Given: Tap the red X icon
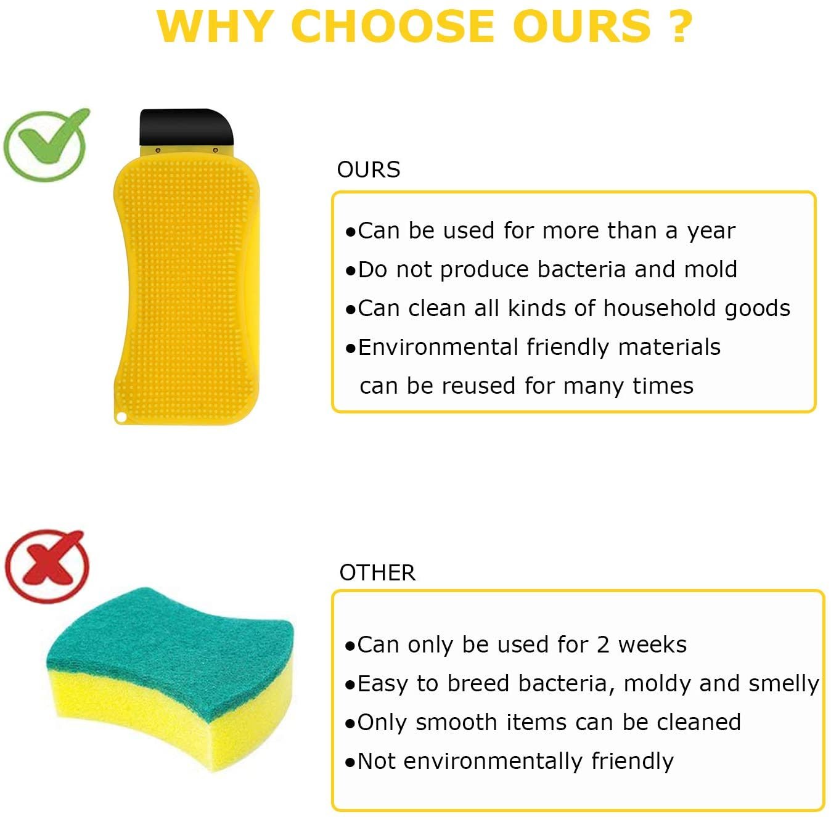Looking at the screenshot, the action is [x=46, y=566].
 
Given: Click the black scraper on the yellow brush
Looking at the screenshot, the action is [x=186, y=127].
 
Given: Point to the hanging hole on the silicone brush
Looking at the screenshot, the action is [x=121, y=417].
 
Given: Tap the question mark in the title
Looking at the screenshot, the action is [x=681, y=26].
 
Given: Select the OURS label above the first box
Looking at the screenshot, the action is [x=368, y=169].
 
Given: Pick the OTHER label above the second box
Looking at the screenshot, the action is [x=377, y=572].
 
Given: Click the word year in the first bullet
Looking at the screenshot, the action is [x=711, y=232].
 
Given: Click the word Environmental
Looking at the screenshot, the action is [x=438, y=347].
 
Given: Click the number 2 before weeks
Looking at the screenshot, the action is [x=603, y=645].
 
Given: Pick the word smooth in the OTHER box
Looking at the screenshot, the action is [x=456, y=723].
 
